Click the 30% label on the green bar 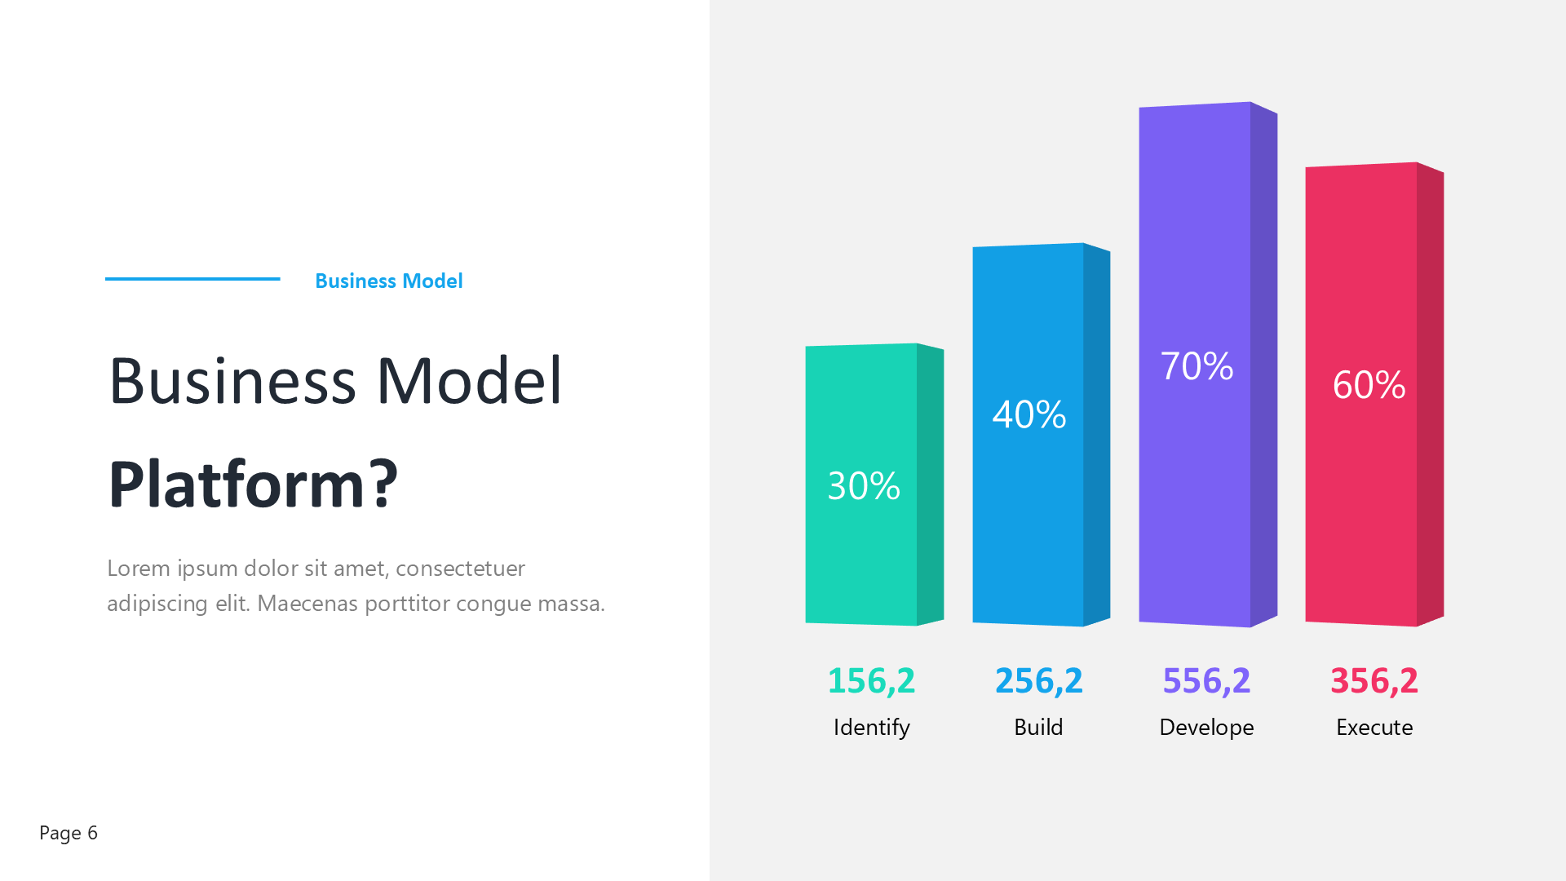click(x=864, y=486)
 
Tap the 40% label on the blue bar click(x=1029, y=414)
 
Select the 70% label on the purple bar click(x=1197, y=366)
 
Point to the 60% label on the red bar click(x=1369, y=385)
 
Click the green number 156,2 click(x=871, y=681)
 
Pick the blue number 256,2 click(x=1039, y=681)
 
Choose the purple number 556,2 click(x=1206, y=681)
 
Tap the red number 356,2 click(x=1374, y=681)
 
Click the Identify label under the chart click(x=871, y=728)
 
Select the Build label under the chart click(x=1038, y=727)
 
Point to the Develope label click(x=1206, y=728)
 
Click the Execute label click(x=1374, y=727)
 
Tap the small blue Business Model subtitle click(x=389, y=281)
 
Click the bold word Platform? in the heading click(x=254, y=484)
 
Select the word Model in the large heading click(x=469, y=380)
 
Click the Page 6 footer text click(x=69, y=833)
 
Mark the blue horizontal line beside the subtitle click(x=192, y=279)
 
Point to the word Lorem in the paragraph click(x=139, y=569)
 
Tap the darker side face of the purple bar click(x=1264, y=365)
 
